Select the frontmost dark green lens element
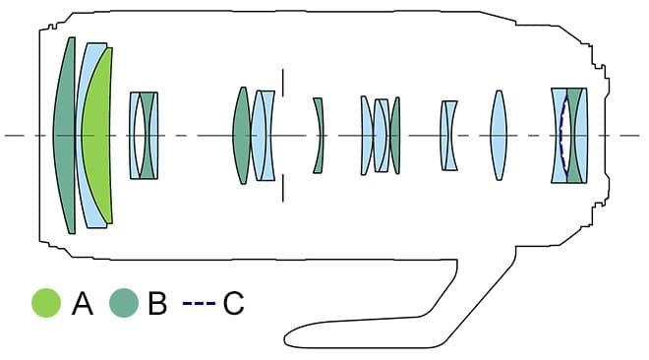(65, 136)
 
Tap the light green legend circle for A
(46, 303)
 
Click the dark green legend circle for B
(124, 303)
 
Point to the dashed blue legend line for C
(199, 303)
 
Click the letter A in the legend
(83, 303)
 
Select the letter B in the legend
(157, 303)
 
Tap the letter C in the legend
(233, 303)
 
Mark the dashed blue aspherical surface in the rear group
(561, 136)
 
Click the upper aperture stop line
(283, 83)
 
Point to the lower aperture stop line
(283, 188)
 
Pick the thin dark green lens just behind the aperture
(319, 136)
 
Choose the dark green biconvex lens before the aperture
(242, 136)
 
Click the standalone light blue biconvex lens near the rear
(499, 136)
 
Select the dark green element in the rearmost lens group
(573, 136)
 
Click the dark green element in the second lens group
(147, 136)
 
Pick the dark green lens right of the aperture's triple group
(395, 136)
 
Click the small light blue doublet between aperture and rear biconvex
(448, 136)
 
